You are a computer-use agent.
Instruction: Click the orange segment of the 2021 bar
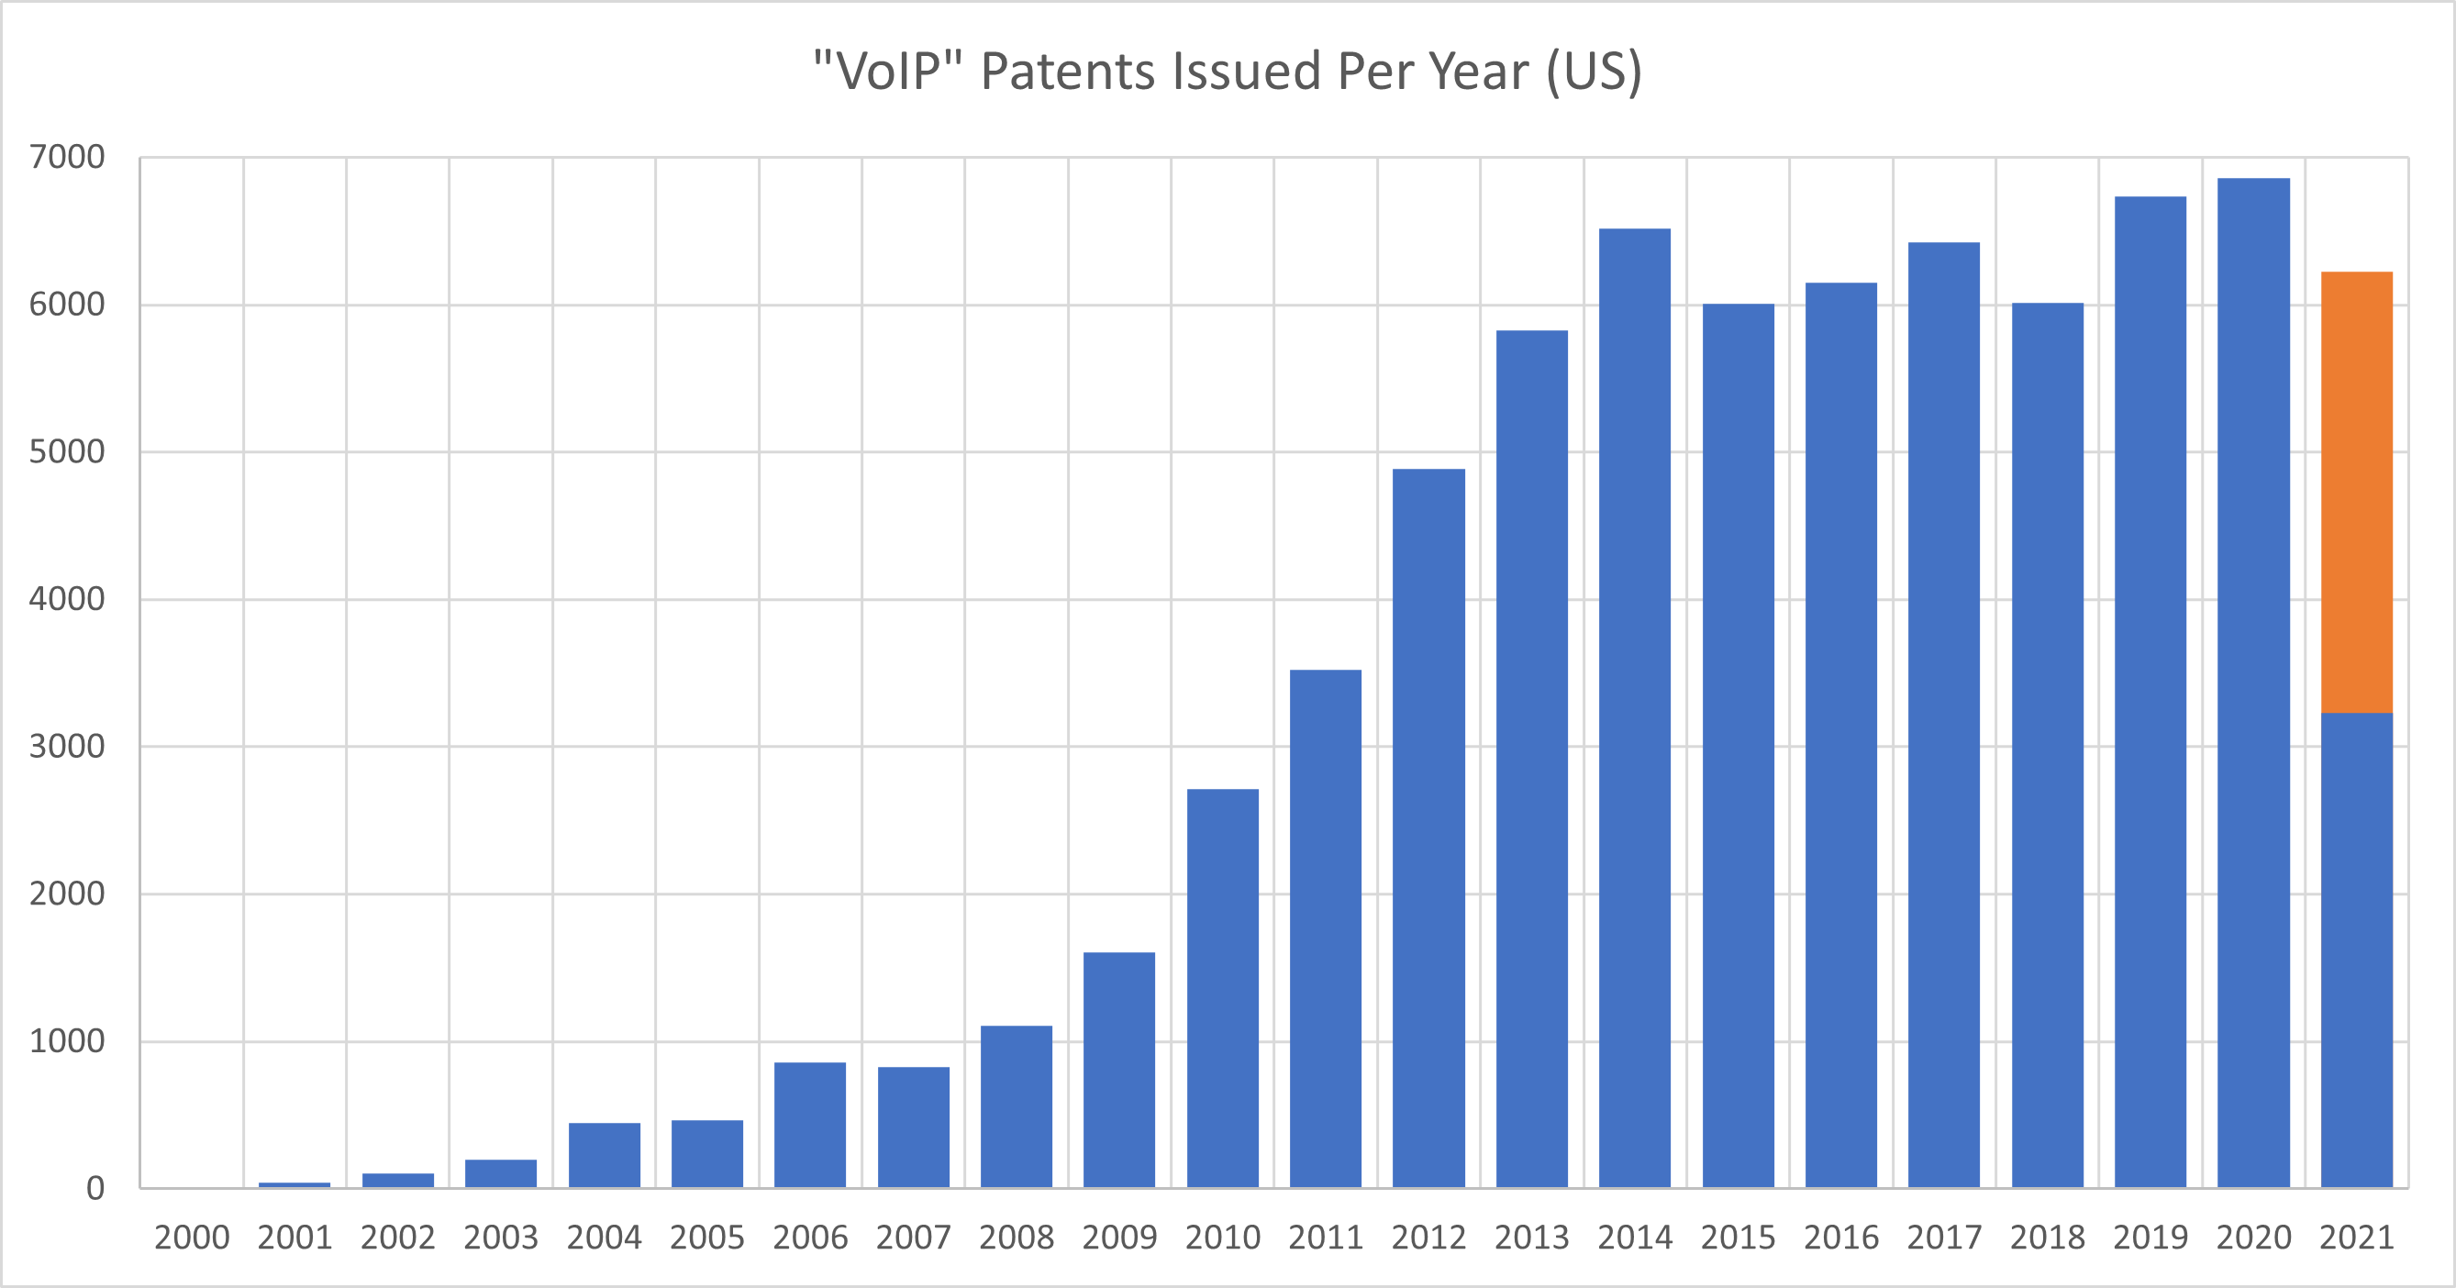click(2356, 492)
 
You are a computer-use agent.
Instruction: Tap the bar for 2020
click(2253, 683)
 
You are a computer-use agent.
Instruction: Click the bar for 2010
click(1222, 988)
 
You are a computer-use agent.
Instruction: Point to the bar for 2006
click(809, 1125)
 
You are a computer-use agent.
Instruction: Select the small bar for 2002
click(397, 1181)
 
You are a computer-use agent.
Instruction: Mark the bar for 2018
click(2047, 745)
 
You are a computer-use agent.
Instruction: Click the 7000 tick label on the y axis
click(67, 157)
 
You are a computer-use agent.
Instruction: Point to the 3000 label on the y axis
click(67, 747)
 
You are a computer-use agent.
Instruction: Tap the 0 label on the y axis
click(95, 1189)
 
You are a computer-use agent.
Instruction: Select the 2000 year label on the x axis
click(192, 1238)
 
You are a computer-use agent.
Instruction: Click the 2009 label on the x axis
click(1119, 1238)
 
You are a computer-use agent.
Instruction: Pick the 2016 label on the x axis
click(1841, 1238)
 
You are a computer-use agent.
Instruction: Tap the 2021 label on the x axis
click(2356, 1238)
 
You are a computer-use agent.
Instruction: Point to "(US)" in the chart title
click(1595, 72)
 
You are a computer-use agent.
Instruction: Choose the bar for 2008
click(1017, 1106)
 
